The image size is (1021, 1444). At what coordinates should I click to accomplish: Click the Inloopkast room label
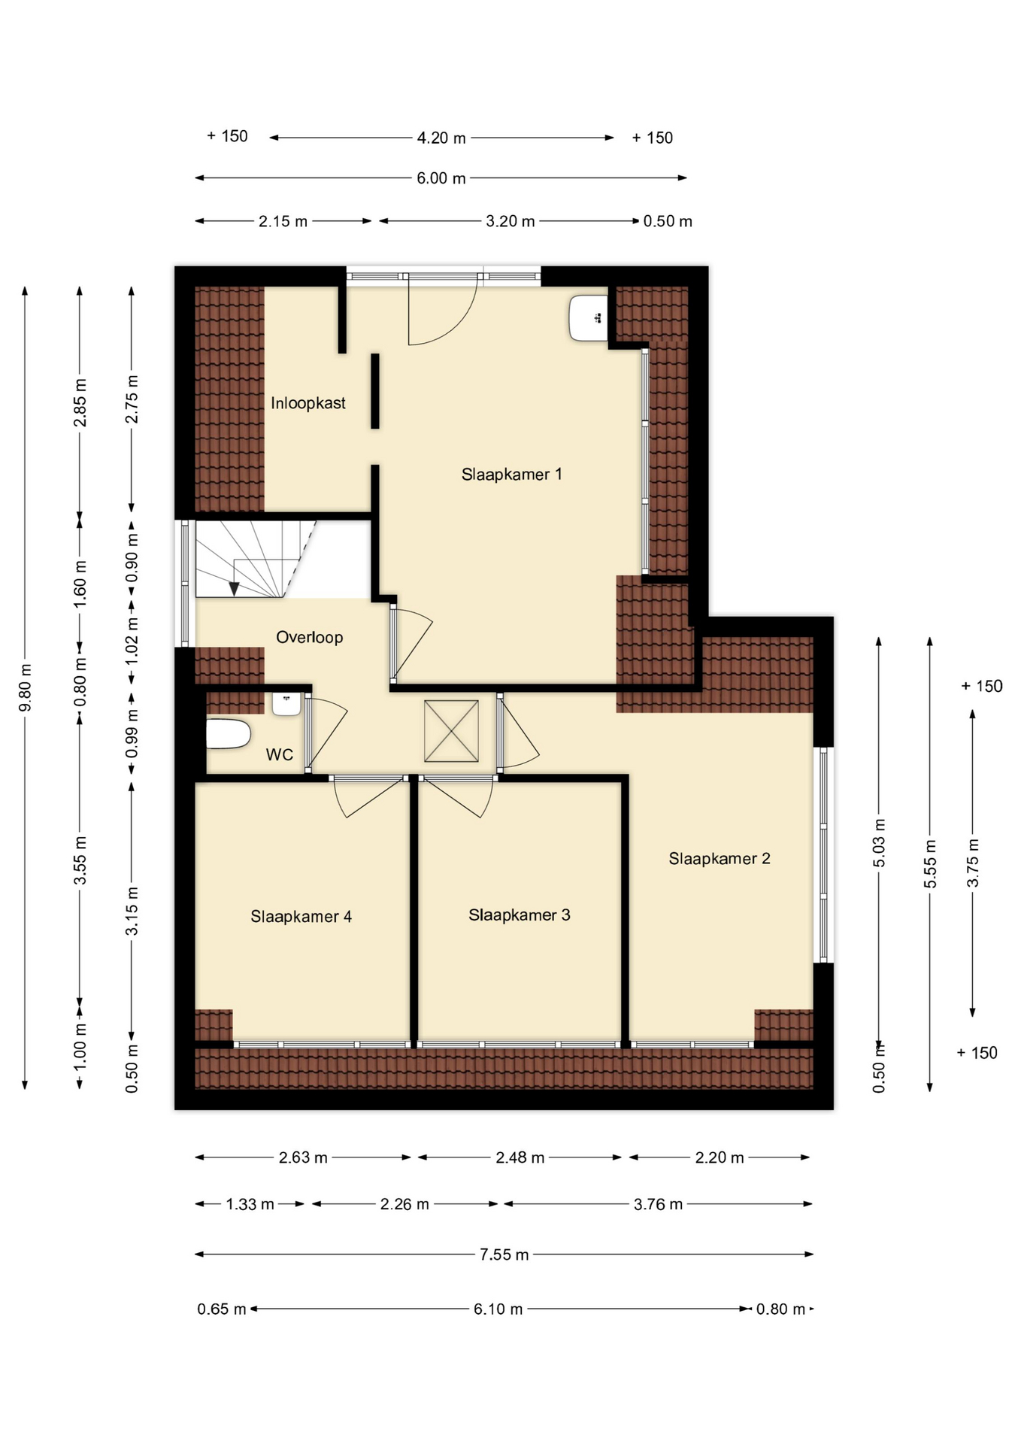[x=308, y=403]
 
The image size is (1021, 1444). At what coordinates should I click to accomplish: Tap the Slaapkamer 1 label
[x=512, y=475]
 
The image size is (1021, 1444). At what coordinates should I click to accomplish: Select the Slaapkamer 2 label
[x=720, y=859]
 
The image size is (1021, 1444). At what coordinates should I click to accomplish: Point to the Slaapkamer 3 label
[x=520, y=915]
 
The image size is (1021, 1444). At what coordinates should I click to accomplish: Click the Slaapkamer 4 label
[x=301, y=917]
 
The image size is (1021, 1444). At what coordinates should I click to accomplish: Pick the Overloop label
[x=310, y=638]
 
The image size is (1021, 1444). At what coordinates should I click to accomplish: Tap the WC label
[x=280, y=755]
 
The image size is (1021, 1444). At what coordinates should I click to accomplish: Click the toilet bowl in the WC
[x=228, y=734]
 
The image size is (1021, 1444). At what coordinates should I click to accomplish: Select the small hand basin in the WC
[x=286, y=704]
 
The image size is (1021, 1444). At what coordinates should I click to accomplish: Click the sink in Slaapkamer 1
[x=588, y=318]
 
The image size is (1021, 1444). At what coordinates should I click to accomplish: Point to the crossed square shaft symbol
[x=451, y=731]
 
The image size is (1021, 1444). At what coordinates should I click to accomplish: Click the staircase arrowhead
[x=234, y=589]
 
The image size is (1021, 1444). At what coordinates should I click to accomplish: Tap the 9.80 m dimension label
[x=25, y=687]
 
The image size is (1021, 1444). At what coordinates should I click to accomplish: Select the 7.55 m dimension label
[x=504, y=1254]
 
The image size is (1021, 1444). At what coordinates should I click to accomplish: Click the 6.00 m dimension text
[x=441, y=178]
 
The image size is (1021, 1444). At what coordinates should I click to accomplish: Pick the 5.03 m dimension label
[x=879, y=843]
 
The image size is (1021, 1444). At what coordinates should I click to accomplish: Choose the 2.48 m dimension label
[x=520, y=1157]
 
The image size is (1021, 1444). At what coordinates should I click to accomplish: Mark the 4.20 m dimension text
[x=441, y=138]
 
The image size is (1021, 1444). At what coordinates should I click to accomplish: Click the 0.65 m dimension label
[x=222, y=1309]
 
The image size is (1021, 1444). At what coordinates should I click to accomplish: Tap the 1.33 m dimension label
[x=250, y=1204]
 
